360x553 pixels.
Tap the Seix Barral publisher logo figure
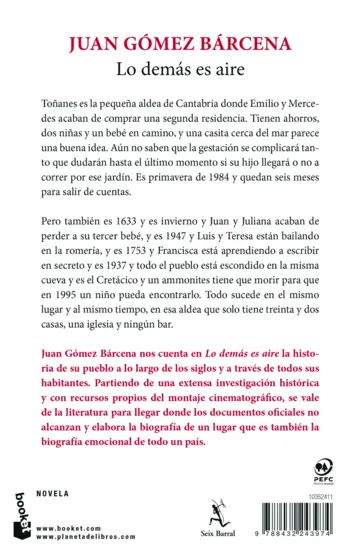coord(179,510)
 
